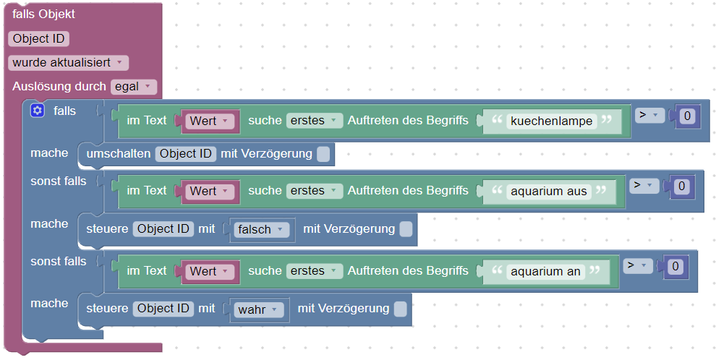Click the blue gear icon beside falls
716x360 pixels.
coord(38,111)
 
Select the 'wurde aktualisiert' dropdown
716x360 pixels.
coord(69,63)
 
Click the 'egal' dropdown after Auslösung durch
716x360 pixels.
coord(134,87)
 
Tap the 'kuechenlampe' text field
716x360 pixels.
coord(552,121)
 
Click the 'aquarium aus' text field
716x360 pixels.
coord(549,191)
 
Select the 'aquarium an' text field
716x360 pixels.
coord(545,271)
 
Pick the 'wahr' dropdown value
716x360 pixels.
coord(257,309)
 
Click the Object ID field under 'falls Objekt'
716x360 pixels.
coord(40,39)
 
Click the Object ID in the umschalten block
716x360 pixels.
coord(186,153)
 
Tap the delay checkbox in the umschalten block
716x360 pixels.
coord(323,154)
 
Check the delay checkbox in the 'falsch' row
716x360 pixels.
coord(406,229)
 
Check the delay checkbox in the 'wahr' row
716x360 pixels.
coord(400,309)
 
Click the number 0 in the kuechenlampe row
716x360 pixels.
coord(687,116)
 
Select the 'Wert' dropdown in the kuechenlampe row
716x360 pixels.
coord(209,121)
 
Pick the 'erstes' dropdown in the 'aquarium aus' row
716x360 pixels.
coord(314,191)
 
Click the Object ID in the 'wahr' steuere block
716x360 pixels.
coord(163,309)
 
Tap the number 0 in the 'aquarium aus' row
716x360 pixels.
coord(681,187)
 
